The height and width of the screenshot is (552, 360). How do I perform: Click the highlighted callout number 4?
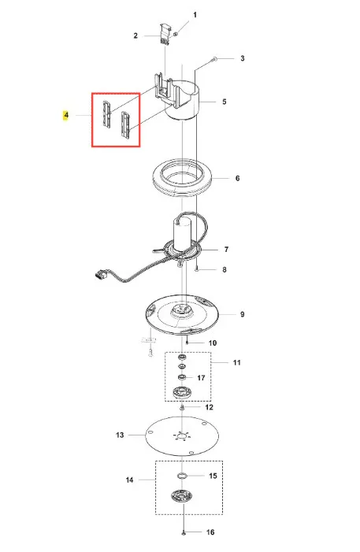[x=66, y=115]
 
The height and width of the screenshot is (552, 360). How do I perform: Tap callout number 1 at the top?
[x=195, y=15]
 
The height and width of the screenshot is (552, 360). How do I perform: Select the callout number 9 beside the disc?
[x=243, y=314]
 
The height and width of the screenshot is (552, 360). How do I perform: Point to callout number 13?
[x=120, y=435]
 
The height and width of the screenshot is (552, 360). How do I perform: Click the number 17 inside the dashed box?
[x=201, y=378]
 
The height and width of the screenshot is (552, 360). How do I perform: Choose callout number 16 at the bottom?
[x=210, y=532]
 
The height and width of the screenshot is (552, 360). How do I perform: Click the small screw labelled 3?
[x=215, y=59]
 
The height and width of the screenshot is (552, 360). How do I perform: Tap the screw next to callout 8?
[x=197, y=269]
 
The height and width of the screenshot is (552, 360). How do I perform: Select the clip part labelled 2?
[x=165, y=34]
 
